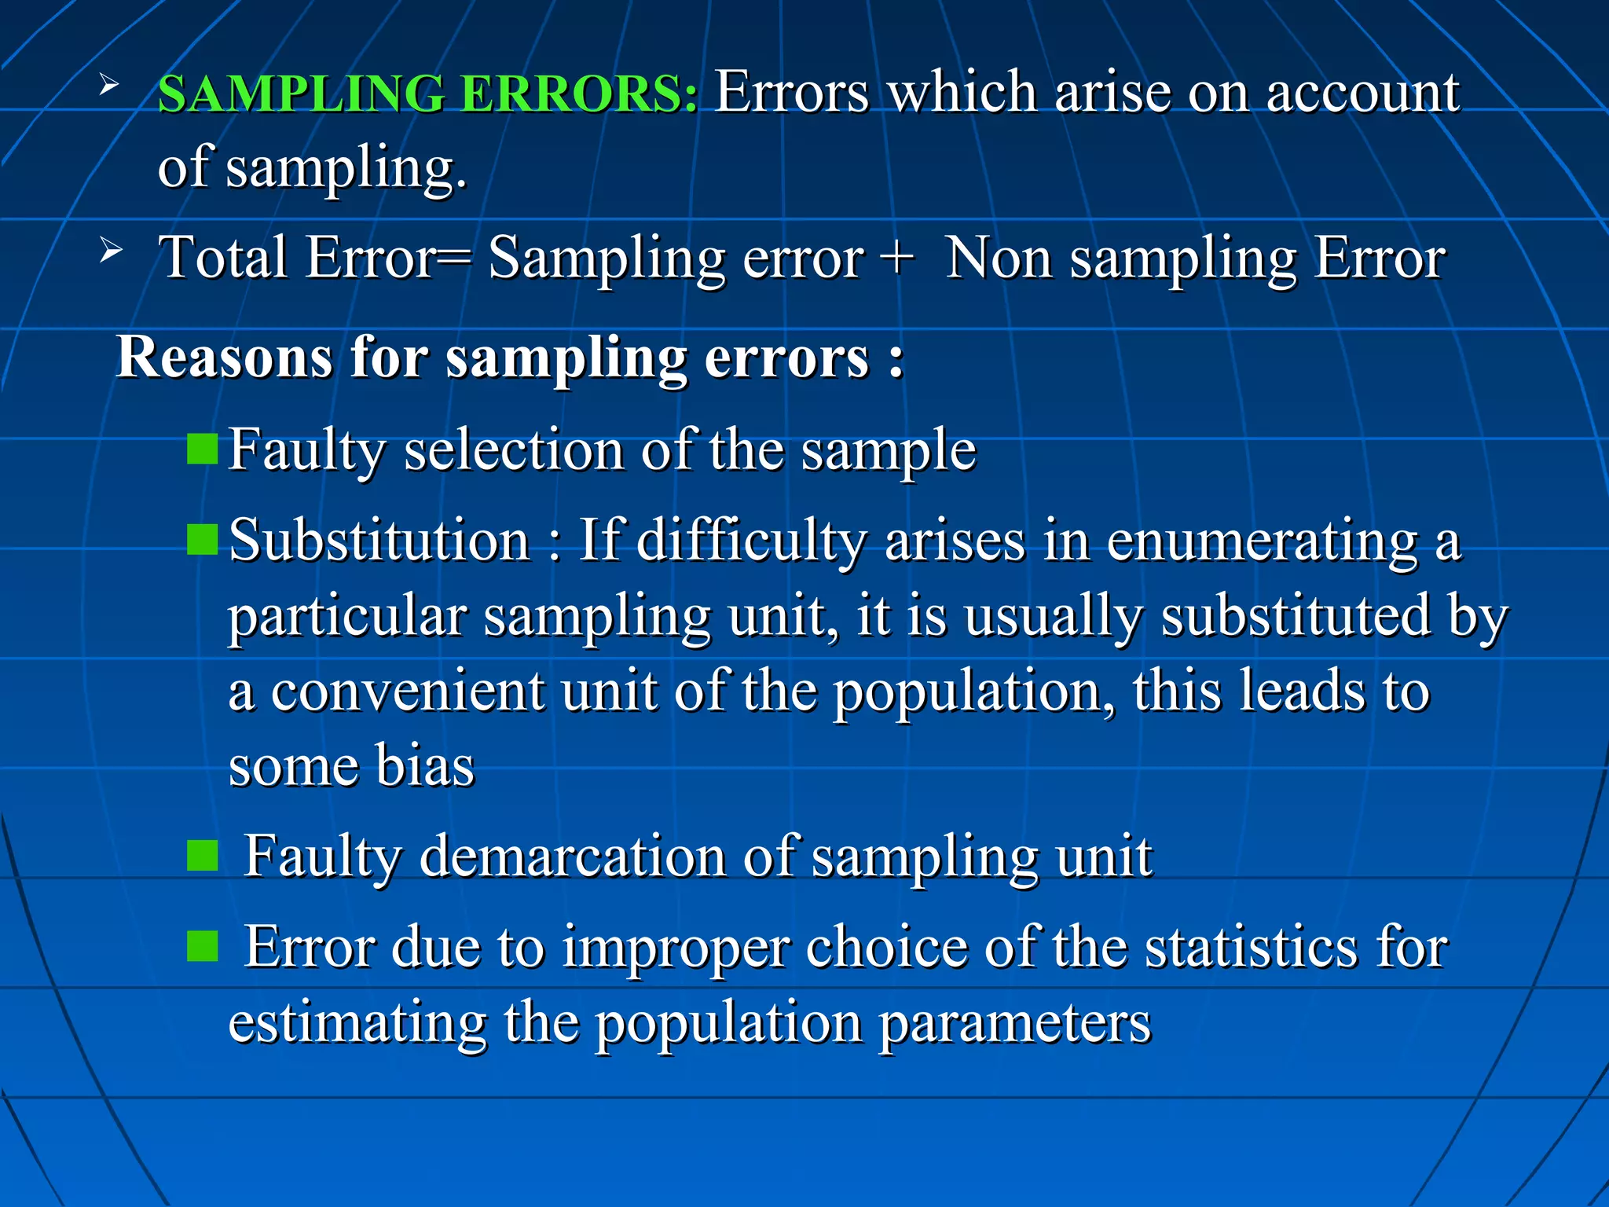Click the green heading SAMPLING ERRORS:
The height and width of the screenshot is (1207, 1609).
427,94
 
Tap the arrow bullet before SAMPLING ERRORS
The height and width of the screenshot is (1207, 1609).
109,85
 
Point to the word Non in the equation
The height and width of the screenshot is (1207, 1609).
999,258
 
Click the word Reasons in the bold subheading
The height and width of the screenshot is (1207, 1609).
224,358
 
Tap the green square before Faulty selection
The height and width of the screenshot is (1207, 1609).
203,449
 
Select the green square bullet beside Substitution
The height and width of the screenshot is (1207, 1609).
203,540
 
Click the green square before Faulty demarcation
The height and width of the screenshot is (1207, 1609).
203,856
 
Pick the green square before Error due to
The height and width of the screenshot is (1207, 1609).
203,946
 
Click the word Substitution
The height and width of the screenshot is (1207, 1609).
379,541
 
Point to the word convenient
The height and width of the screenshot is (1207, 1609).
408,692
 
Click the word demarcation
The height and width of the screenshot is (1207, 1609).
573,856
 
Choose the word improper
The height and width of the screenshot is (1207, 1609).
676,948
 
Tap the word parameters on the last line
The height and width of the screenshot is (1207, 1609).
1014,1023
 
